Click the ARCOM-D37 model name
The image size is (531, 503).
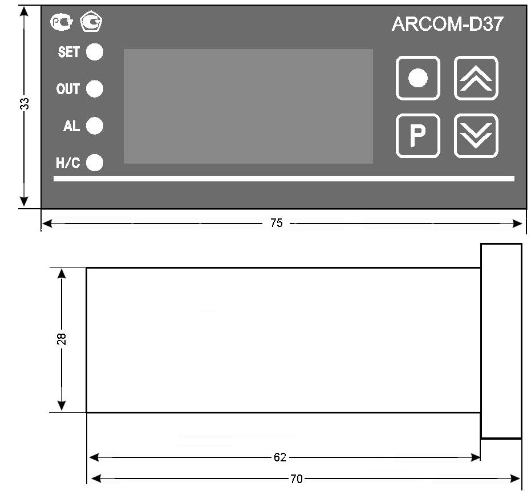(447, 25)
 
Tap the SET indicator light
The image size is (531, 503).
(95, 52)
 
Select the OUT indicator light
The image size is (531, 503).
(95, 89)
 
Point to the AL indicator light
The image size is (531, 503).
(95, 126)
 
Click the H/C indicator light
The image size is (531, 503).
(95, 163)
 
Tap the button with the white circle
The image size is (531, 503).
(417, 78)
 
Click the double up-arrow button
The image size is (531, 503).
(476, 78)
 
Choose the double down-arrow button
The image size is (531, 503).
(476, 136)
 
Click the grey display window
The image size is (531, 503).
(248, 106)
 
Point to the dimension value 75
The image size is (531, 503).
(276, 224)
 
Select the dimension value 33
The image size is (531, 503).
(25, 103)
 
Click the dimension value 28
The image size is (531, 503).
(62, 339)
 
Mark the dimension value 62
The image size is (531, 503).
(279, 457)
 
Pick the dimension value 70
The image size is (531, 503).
(297, 479)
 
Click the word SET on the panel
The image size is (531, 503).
(68, 52)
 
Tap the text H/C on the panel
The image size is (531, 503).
(68, 164)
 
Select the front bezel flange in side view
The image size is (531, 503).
(501, 341)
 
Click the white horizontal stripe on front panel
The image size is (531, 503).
(283, 179)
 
